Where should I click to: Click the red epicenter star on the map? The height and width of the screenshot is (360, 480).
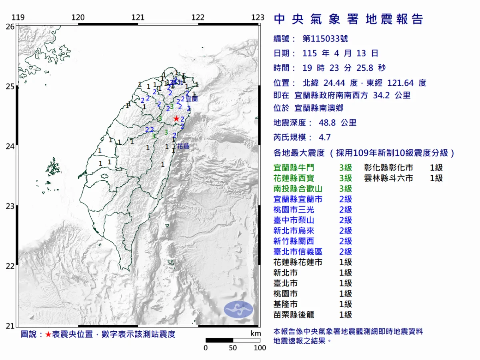[x=176, y=119]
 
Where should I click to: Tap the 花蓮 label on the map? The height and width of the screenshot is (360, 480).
[x=183, y=146]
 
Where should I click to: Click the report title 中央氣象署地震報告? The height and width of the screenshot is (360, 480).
[x=348, y=19]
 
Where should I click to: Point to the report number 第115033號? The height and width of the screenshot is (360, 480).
[x=325, y=39]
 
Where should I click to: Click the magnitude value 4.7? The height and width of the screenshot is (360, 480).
[x=324, y=137]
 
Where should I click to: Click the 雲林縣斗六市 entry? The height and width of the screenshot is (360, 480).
[x=388, y=178]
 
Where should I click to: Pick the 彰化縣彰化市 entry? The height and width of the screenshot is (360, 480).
[x=388, y=168]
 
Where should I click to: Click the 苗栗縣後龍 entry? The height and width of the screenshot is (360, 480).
[x=294, y=315]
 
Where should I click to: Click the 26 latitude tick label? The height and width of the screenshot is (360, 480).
[x=10, y=26]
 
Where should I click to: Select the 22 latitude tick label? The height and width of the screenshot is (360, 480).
[x=10, y=266]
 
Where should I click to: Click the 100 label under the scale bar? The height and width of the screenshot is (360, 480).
[x=260, y=348]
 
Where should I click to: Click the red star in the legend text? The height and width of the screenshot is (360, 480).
[x=48, y=334]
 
